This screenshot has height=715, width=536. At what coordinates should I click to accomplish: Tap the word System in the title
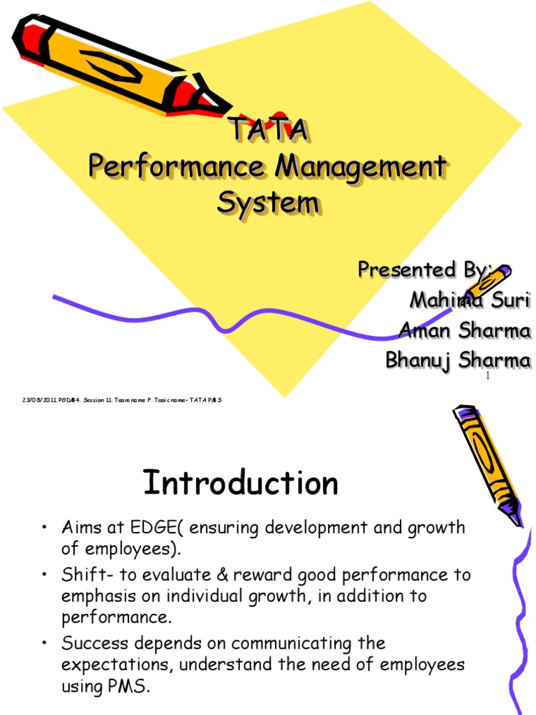(268, 203)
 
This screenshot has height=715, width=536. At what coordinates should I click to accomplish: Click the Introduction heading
(241, 483)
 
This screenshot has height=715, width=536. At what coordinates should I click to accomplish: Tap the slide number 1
(488, 377)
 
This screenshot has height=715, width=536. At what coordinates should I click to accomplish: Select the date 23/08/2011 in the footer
(34, 399)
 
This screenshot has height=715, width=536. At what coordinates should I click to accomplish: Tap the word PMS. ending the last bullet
(128, 686)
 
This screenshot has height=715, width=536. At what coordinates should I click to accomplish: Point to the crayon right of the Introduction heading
(487, 464)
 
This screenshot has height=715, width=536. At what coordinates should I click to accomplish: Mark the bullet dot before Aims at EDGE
(44, 529)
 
